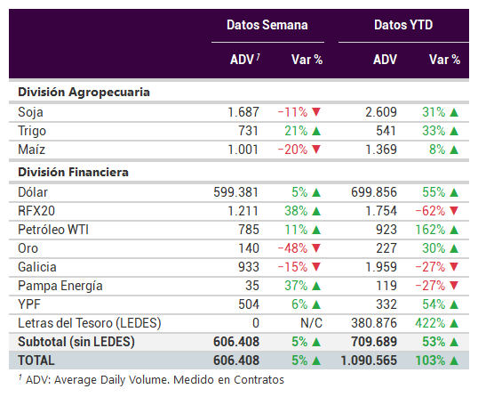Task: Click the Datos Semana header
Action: (x=267, y=25)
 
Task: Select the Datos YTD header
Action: (x=403, y=25)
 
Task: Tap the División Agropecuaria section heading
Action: (x=84, y=93)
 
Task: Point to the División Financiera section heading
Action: (x=73, y=172)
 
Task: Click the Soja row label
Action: (x=30, y=112)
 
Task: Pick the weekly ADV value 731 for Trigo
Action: (x=249, y=131)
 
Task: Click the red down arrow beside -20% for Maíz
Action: (x=316, y=150)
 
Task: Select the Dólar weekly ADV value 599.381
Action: (x=236, y=192)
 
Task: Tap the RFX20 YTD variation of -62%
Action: (x=430, y=211)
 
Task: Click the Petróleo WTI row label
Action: (x=53, y=230)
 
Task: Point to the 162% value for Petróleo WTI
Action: (x=430, y=230)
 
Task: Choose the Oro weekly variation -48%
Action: (x=292, y=248)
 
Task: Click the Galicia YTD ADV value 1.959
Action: (x=381, y=267)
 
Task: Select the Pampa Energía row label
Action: (x=60, y=286)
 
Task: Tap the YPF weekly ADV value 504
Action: (x=249, y=304)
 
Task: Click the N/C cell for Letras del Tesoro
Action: (x=311, y=323)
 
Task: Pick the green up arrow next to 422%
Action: (x=454, y=323)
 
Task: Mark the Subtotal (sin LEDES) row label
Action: (x=76, y=342)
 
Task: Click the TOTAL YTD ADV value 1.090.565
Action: (x=369, y=361)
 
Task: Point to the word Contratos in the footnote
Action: (x=259, y=380)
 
